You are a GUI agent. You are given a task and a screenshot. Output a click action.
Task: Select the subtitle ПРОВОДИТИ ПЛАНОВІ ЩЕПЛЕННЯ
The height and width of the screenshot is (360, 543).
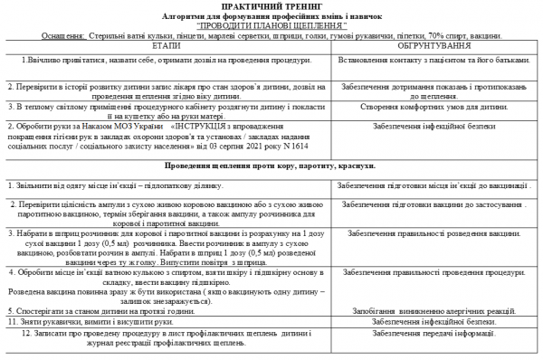(271, 25)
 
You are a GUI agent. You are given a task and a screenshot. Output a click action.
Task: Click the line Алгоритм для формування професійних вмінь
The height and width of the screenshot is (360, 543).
(271, 16)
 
